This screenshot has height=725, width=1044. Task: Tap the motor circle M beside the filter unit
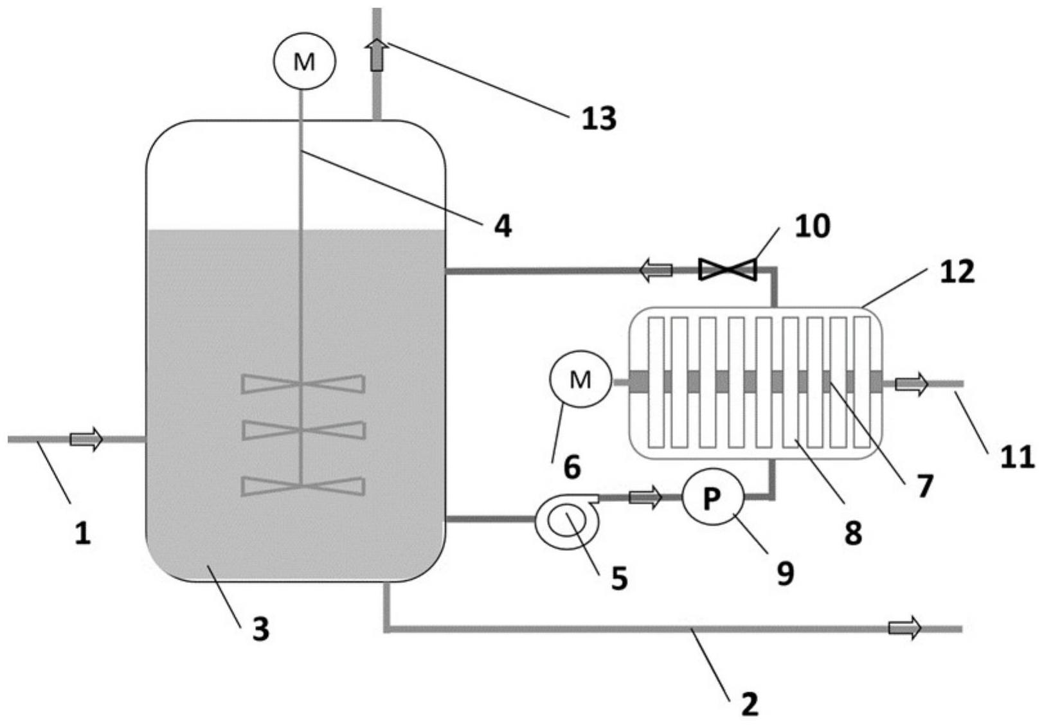(x=580, y=379)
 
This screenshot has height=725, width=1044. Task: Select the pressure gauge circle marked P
(x=712, y=499)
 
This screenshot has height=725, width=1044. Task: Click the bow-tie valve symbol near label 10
(x=727, y=269)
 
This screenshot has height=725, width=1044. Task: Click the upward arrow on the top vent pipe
(x=377, y=54)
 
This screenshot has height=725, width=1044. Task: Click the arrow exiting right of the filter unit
(x=912, y=384)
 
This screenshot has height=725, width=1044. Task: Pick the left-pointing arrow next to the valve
(x=656, y=270)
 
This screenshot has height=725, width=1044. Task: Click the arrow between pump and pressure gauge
(x=645, y=497)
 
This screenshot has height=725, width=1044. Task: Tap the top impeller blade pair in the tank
(x=303, y=384)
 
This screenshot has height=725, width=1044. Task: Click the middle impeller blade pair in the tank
(x=303, y=430)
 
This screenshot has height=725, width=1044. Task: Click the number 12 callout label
(x=957, y=272)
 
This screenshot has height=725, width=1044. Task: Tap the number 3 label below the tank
(x=260, y=629)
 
